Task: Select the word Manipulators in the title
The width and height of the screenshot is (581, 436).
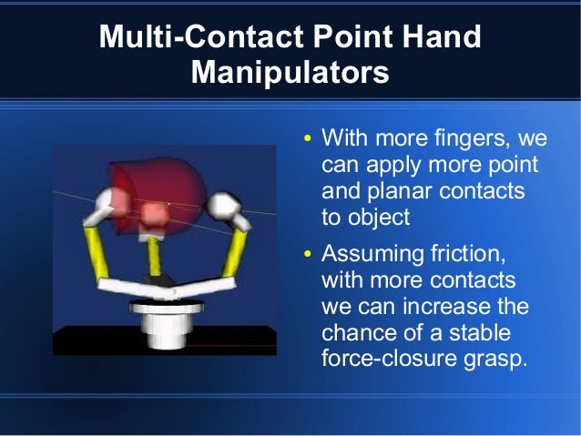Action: [x=290, y=72]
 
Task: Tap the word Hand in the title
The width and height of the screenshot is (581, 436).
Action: [x=442, y=37]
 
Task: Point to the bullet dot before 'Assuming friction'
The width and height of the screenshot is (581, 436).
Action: [x=308, y=253]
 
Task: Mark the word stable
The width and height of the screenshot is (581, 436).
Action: [x=479, y=331]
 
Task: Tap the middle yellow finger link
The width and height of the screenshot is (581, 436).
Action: [x=155, y=256]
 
